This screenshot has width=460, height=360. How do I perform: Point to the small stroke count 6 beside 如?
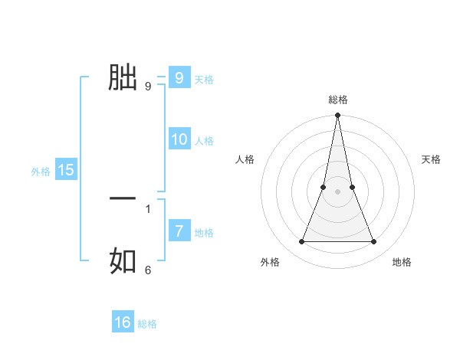coord(148,270)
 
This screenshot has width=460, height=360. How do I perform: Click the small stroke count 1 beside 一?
coord(148,208)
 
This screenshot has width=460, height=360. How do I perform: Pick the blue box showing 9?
coord(179,78)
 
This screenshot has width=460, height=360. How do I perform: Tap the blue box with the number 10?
coord(179,139)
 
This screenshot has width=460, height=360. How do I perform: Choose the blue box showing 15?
coord(66,170)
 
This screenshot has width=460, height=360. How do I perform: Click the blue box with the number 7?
coord(179,231)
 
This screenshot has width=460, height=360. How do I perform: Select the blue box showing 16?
coord(123,322)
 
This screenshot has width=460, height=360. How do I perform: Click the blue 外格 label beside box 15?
coord(41,172)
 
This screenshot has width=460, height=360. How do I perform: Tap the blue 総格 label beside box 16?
coord(147,324)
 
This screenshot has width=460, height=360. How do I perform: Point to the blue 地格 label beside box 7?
coord(204,233)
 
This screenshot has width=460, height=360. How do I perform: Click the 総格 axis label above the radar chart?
coord(337,100)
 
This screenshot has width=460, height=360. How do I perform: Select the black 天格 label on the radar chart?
coord(431,159)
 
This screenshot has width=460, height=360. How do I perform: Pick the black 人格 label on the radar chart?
coord(245,159)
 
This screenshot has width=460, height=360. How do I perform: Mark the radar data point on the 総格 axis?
coord(337,116)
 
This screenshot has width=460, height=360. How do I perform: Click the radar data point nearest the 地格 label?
coord(374,242)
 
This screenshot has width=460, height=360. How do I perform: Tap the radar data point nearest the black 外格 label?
coord(301,242)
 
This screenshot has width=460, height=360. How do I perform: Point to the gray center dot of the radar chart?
coord(337,191)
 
